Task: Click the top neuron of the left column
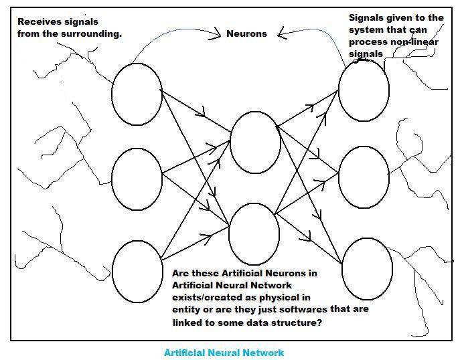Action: tap(137, 94)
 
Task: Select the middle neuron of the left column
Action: tap(137, 179)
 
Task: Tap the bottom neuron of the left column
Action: tap(137, 272)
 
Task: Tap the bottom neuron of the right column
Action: tap(367, 268)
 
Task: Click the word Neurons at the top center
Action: tap(246, 33)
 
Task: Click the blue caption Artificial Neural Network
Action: tap(224, 353)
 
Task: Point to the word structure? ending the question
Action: tap(299, 322)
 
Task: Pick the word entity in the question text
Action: tap(186, 309)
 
